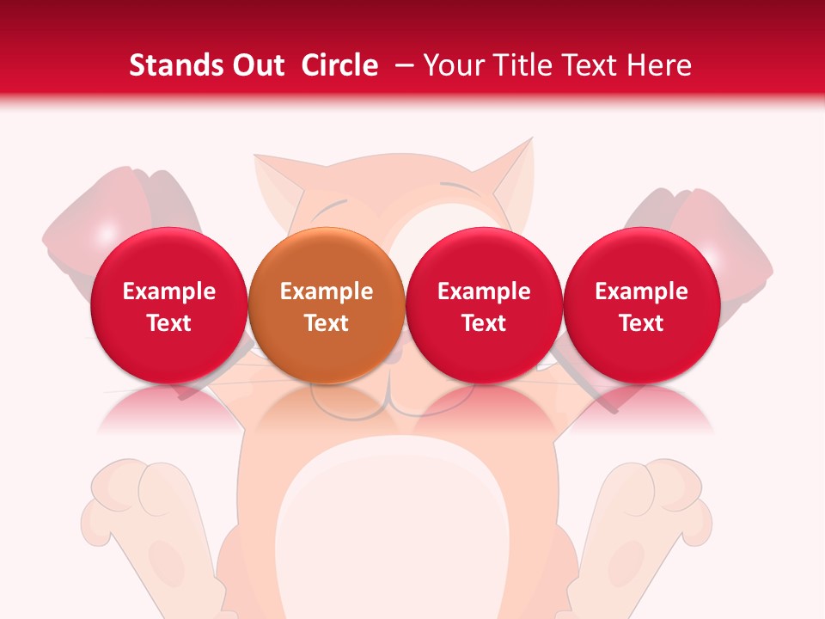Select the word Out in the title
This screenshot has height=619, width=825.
258,65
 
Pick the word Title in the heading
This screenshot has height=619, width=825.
524,65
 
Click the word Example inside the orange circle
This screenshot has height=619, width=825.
327,291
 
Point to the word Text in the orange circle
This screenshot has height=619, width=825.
327,323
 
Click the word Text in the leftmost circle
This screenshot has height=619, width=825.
169,323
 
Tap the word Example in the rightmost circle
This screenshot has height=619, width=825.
641,291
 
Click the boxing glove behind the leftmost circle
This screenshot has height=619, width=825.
112,215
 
